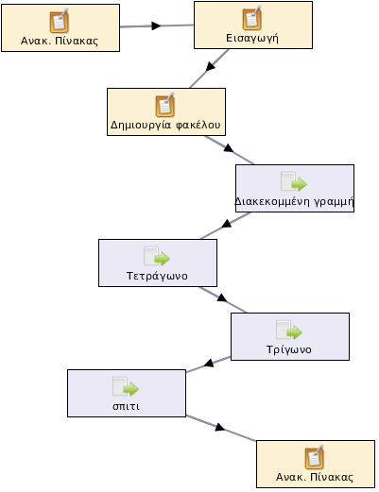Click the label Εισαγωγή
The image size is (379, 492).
click(x=252, y=39)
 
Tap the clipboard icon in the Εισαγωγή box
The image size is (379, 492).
click(x=251, y=18)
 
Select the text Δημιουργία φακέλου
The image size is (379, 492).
click(x=165, y=125)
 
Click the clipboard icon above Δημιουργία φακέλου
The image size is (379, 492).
click(x=165, y=105)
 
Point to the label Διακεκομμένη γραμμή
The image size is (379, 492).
click(x=295, y=201)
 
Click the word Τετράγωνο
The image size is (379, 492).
click(x=157, y=276)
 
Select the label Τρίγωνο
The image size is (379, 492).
click(x=289, y=349)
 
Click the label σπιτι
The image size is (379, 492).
click(x=127, y=406)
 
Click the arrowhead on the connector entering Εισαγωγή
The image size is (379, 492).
click(x=156, y=25)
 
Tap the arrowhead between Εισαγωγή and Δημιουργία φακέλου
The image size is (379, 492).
click(x=210, y=66)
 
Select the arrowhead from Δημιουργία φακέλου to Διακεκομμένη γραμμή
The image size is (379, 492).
click(x=229, y=148)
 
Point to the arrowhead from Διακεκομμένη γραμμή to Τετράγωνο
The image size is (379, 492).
click(x=227, y=224)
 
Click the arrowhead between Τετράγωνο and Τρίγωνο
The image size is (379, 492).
click(x=222, y=297)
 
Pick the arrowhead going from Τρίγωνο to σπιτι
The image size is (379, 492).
click(x=209, y=364)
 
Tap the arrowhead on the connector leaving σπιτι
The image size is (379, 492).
click(x=220, y=427)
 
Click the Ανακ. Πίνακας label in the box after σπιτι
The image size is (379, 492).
click(x=315, y=477)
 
